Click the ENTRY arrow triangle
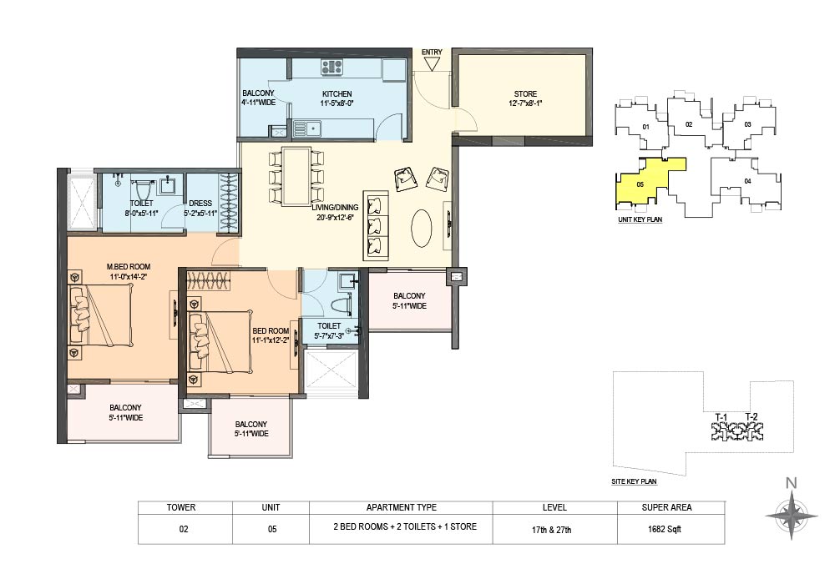pyautogui.click(x=432, y=64)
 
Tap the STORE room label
pyautogui.click(x=525, y=93)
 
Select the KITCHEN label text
pyautogui.click(x=337, y=93)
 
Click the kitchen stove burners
pyautogui.click(x=331, y=67)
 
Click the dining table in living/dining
pyautogui.click(x=296, y=176)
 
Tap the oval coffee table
pyautogui.click(x=422, y=228)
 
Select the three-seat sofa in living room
pyautogui.click(x=376, y=224)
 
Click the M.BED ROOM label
pyautogui.click(x=129, y=266)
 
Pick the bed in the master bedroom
pyautogui.click(x=101, y=315)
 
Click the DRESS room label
pyautogui.click(x=200, y=204)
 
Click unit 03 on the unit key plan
pyautogui.click(x=747, y=124)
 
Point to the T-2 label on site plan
pyautogui.click(x=751, y=417)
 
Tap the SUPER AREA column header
pyautogui.click(x=666, y=507)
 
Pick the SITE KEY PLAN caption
pyautogui.click(x=634, y=481)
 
